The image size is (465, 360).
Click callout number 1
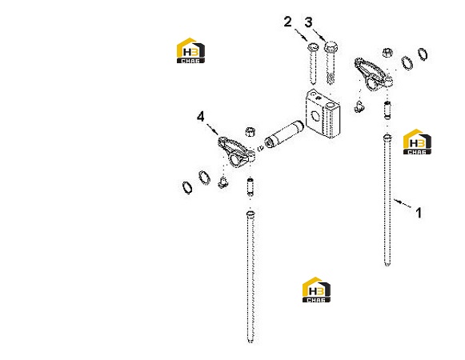click(x=419, y=213)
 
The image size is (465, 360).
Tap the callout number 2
click(x=287, y=22)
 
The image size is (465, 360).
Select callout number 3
click(x=308, y=22)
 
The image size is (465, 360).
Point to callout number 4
click(x=201, y=117)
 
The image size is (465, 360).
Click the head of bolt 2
click(x=312, y=47)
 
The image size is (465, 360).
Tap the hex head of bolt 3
click(x=331, y=46)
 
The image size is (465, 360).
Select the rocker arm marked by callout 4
click(x=236, y=152)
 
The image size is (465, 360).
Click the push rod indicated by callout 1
click(x=387, y=200)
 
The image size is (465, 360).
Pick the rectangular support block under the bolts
click(x=323, y=114)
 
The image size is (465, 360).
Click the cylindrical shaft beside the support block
click(x=284, y=134)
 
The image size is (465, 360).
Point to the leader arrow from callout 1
click(x=403, y=203)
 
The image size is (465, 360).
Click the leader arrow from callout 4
click(x=212, y=129)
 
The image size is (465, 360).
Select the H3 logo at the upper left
click(x=190, y=50)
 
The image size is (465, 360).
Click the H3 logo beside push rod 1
click(x=417, y=142)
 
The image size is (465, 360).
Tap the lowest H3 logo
click(x=316, y=290)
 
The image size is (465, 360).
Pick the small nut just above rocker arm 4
click(x=251, y=131)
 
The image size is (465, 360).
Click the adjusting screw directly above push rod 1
click(x=387, y=110)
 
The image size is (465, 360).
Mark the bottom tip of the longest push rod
click(x=251, y=342)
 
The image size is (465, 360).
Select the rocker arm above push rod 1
click(x=374, y=74)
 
